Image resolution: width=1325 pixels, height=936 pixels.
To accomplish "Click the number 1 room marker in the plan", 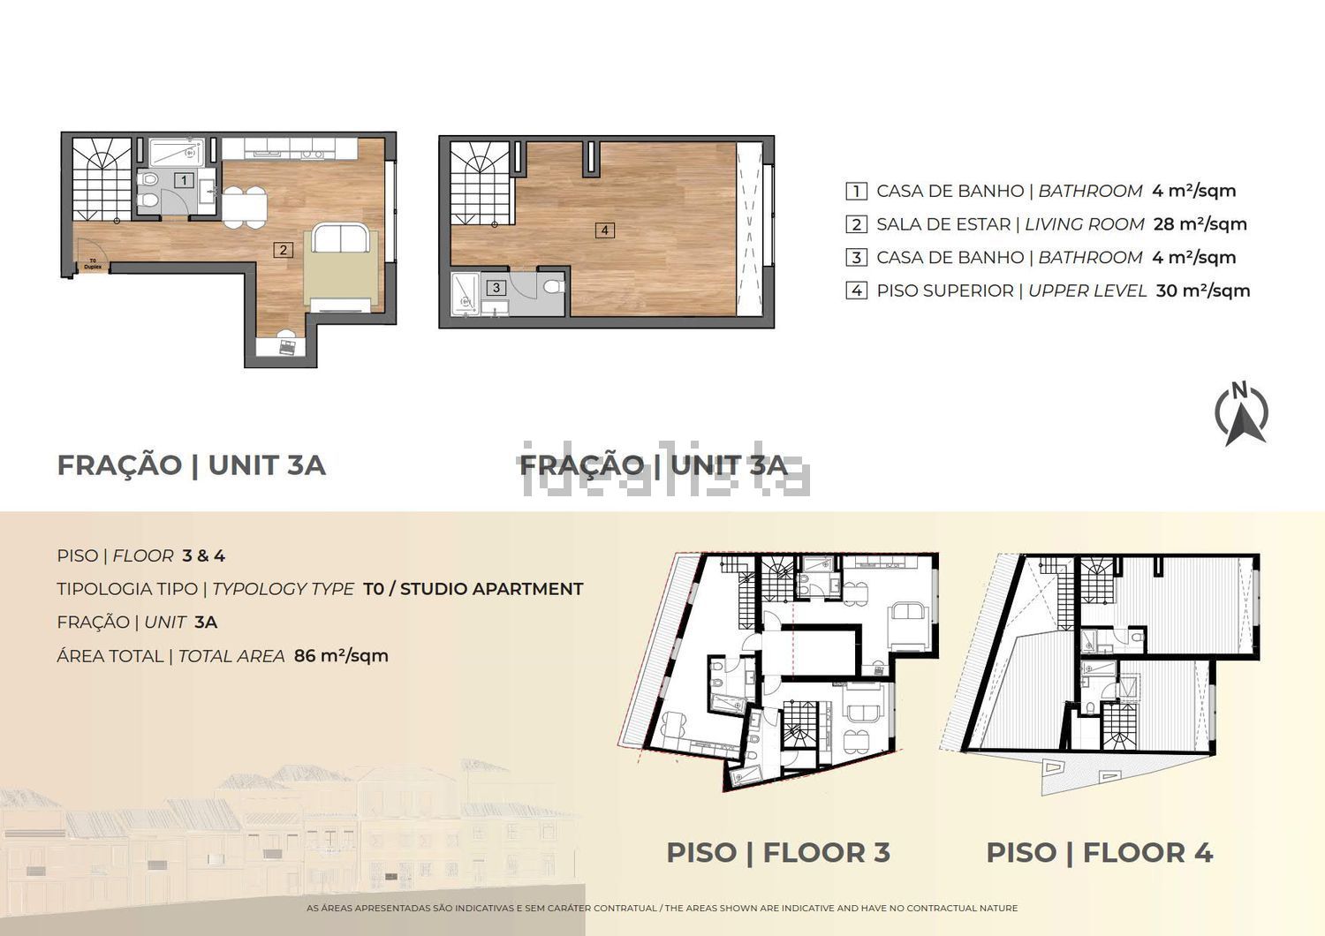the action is click(x=184, y=180).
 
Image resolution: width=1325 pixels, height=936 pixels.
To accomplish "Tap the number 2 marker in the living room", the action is click(x=283, y=250).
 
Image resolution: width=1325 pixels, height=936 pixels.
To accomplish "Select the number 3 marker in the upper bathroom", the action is click(x=496, y=287).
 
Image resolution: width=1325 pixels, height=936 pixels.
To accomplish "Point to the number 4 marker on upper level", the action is click(x=604, y=230).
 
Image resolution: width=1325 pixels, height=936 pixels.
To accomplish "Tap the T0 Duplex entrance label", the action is click(x=93, y=264).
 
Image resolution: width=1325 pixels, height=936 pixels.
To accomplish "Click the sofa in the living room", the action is click(x=341, y=238).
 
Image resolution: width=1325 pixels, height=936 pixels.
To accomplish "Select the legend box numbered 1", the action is click(x=856, y=191).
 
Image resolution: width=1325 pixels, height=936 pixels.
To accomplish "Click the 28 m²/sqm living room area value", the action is click(x=1200, y=224).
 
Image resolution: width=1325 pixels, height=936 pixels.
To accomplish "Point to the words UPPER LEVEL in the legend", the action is click(x=1087, y=291).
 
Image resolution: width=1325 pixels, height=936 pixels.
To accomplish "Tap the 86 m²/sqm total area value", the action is click(x=341, y=656).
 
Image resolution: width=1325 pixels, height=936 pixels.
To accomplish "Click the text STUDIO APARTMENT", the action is click(x=491, y=589).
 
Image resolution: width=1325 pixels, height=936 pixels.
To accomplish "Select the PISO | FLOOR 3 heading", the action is click(x=778, y=853).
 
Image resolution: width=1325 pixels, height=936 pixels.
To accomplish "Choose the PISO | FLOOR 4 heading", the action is click(x=1099, y=853).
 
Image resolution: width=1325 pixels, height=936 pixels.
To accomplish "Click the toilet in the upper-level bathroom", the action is click(x=553, y=287).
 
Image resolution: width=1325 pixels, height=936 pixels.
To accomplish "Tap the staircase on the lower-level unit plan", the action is click(x=102, y=179).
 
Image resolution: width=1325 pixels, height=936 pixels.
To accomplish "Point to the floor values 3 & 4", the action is click(x=203, y=555).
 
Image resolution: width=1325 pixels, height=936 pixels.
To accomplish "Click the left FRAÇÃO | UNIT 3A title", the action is click(x=191, y=465).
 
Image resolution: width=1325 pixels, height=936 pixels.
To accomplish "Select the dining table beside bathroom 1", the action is click(x=245, y=207).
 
